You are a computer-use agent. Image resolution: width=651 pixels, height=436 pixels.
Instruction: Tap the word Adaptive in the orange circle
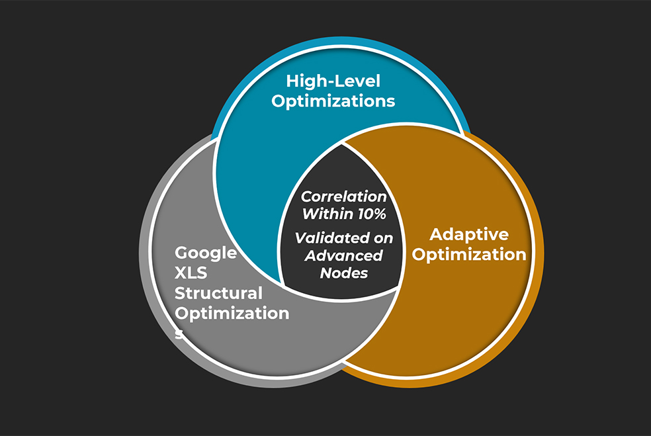click(469, 234)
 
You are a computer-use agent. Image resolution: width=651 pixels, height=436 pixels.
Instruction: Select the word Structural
click(218, 292)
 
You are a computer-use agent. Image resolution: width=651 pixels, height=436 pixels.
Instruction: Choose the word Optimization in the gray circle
click(232, 313)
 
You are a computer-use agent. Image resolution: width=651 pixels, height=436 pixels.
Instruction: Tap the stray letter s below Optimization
click(178, 333)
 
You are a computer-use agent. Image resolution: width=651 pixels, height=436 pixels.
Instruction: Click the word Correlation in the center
click(344, 196)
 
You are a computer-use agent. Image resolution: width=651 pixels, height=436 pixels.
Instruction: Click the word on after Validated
click(379, 238)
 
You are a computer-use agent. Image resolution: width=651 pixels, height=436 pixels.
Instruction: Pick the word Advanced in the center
click(344, 255)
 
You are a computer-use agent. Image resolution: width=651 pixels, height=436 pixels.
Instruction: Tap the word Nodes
click(344, 273)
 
